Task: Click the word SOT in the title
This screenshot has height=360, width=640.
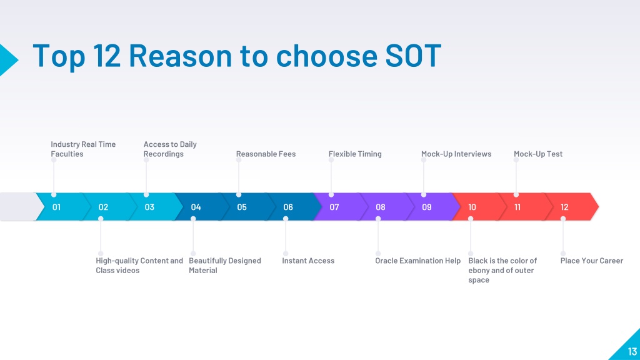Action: coord(413,55)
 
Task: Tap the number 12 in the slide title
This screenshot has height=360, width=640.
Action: coord(107,55)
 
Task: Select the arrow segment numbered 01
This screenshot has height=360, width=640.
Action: coord(61,207)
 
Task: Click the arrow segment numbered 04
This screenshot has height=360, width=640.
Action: coord(200,207)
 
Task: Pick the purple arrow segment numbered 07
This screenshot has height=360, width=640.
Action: coord(338,207)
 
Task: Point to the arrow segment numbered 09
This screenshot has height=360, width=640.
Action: coord(431,207)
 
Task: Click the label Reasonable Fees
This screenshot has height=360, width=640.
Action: coord(266,154)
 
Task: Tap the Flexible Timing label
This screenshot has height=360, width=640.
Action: coord(355,154)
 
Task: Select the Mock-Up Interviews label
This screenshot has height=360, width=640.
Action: coord(456,154)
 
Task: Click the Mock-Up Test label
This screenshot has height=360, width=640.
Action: coord(538,154)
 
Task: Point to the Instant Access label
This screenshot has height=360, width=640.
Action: coord(308,261)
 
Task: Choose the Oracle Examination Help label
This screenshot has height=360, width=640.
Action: coord(418,261)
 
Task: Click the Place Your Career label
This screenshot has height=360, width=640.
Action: coord(592,261)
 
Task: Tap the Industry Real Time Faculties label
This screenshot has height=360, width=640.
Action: coord(83,149)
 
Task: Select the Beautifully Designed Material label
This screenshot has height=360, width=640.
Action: coord(225,265)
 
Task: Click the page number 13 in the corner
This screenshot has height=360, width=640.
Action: coord(632,351)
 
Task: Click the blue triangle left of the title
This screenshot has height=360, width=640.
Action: coord(8,60)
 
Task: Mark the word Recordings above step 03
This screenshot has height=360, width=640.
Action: coord(163,154)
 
